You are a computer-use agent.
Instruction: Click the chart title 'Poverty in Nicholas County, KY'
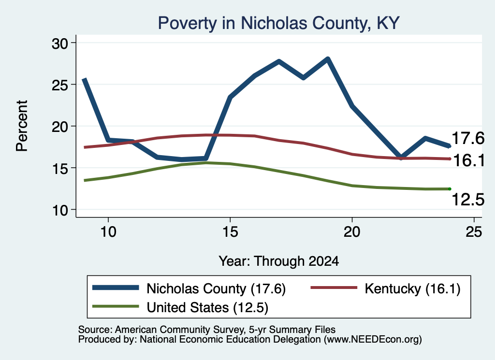(279, 23)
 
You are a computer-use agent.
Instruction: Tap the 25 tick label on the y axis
(59, 85)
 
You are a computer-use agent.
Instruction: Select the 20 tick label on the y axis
(59, 127)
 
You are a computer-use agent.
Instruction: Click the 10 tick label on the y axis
(59, 210)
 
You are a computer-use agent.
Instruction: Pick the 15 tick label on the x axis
(230, 232)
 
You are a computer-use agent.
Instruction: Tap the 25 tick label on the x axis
(474, 232)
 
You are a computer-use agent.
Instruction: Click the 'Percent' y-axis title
(22, 126)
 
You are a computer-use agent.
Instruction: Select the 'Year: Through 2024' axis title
(279, 261)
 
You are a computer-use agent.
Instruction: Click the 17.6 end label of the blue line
(468, 138)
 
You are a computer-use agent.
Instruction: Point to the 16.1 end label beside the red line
(468, 160)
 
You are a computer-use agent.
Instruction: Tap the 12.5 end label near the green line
(468, 200)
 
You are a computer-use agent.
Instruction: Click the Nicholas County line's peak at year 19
(328, 59)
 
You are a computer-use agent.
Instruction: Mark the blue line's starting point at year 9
(84, 79)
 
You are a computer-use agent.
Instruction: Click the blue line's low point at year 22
(401, 157)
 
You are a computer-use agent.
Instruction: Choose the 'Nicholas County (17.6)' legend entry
(189, 288)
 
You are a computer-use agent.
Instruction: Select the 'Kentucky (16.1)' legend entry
(385, 288)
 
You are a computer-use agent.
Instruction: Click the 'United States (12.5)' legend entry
(180, 307)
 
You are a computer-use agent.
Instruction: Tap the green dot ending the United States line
(450, 189)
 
